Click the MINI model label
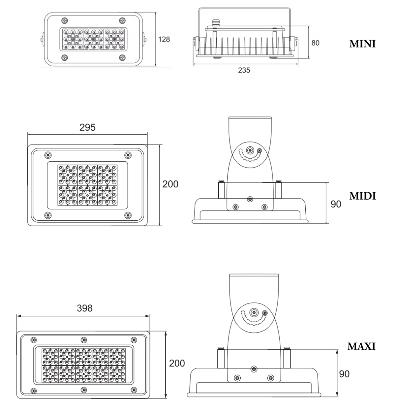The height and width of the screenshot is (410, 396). [x=362, y=44]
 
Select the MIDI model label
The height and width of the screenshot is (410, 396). [x=362, y=196]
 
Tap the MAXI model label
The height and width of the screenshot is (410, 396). [x=361, y=346]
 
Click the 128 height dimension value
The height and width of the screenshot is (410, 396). [x=164, y=39]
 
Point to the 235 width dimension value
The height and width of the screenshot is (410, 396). [x=244, y=70]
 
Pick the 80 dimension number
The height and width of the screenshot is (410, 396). [x=315, y=43]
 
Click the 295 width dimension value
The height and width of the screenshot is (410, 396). [x=87, y=127]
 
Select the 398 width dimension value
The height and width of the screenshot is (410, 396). [x=85, y=308]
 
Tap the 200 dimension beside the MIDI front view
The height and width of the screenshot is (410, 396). [x=170, y=184]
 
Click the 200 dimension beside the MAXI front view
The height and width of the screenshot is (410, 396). [x=177, y=363]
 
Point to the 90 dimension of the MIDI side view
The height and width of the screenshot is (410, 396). [x=336, y=204]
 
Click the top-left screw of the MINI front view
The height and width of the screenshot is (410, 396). [x=65, y=21]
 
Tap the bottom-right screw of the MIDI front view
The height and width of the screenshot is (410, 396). [x=128, y=215]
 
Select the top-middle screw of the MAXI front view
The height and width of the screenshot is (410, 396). [x=84, y=340]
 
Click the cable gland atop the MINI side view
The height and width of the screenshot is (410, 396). [x=215, y=23]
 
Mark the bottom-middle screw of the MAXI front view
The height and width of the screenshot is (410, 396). [x=84, y=390]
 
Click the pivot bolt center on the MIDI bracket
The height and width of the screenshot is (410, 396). [x=250, y=150]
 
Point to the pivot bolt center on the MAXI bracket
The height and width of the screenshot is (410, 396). [x=254, y=313]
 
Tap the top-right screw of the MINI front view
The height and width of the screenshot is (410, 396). [x=122, y=21]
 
